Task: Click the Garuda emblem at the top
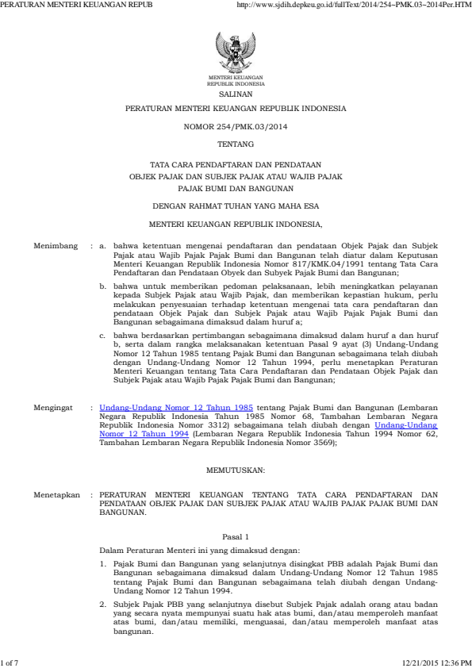(x=236, y=52)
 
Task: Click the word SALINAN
(x=236, y=92)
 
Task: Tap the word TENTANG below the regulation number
(x=236, y=144)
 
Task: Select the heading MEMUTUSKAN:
(x=236, y=471)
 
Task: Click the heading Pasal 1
(x=236, y=537)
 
